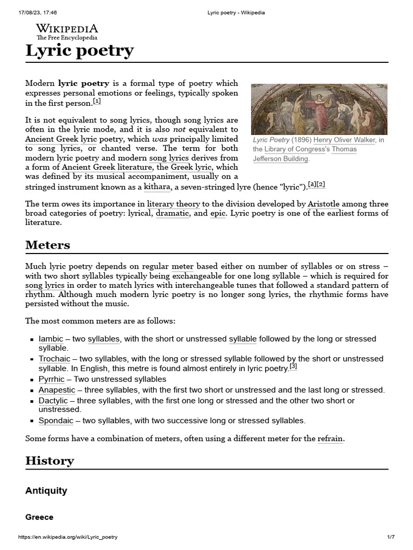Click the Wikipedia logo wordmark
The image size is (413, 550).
[x=67, y=29]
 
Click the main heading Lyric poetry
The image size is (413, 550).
[x=80, y=50]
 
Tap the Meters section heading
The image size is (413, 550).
[x=47, y=245]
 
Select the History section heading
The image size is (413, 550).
[x=49, y=460]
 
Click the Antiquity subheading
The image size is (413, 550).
[x=46, y=490]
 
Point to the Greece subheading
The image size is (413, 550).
[x=39, y=517]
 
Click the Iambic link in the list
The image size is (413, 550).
[x=51, y=339]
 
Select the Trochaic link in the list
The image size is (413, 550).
[x=54, y=359]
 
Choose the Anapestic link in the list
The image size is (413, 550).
[x=57, y=390]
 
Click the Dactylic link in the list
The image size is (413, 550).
[x=53, y=401]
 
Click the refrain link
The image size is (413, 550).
[x=330, y=439]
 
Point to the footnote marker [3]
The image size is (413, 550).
[x=293, y=367]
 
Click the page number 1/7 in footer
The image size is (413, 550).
[x=391, y=537]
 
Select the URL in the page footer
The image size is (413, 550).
[x=68, y=537]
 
